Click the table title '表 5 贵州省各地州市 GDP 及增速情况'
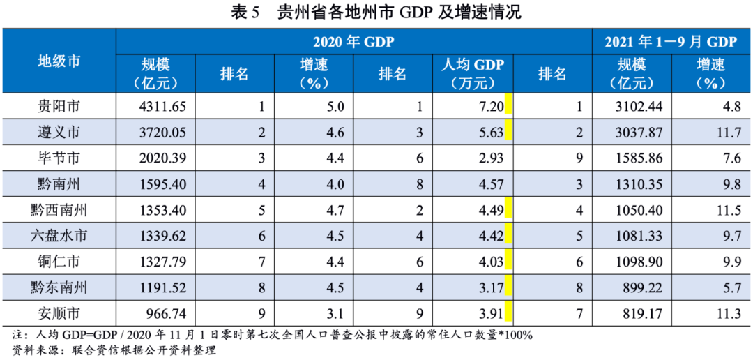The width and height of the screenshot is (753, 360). (376, 12)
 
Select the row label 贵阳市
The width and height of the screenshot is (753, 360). (59, 107)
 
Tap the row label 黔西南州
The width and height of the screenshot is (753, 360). (59, 209)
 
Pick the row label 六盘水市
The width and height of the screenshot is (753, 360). (59, 234)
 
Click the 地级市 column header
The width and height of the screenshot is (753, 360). (59, 61)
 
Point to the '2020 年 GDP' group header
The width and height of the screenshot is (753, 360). (353, 41)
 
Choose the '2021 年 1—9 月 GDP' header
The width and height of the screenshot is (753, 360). (671, 41)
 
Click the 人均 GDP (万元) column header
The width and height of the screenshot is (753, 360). (473, 73)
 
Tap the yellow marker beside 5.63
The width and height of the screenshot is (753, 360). (509, 131)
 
